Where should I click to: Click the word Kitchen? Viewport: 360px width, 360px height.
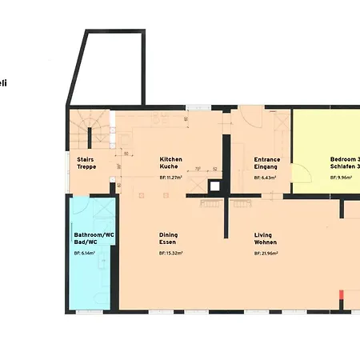[x=170, y=159]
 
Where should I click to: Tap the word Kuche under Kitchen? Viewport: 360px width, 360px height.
[x=168, y=166]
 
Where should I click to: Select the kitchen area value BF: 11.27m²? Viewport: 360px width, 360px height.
[x=171, y=177]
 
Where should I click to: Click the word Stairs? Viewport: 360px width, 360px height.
[x=86, y=159]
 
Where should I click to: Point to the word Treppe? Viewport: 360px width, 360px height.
[x=87, y=166]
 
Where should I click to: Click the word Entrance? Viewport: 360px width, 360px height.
[x=267, y=159]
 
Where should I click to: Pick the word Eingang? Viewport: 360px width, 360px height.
[x=266, y=166]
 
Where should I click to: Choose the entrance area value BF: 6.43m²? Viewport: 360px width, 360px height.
[x=265, y=177]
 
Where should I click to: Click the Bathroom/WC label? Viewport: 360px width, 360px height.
[x=90, y=234]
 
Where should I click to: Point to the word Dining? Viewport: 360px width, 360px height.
[x=168, y=234]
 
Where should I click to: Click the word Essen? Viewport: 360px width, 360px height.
[x=167, y=242]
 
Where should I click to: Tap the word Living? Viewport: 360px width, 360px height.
[x=263, y=234]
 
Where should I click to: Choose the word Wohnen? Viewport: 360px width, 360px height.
[x=266, y=242]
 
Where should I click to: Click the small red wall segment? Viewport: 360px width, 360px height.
[x=342, y=294]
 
